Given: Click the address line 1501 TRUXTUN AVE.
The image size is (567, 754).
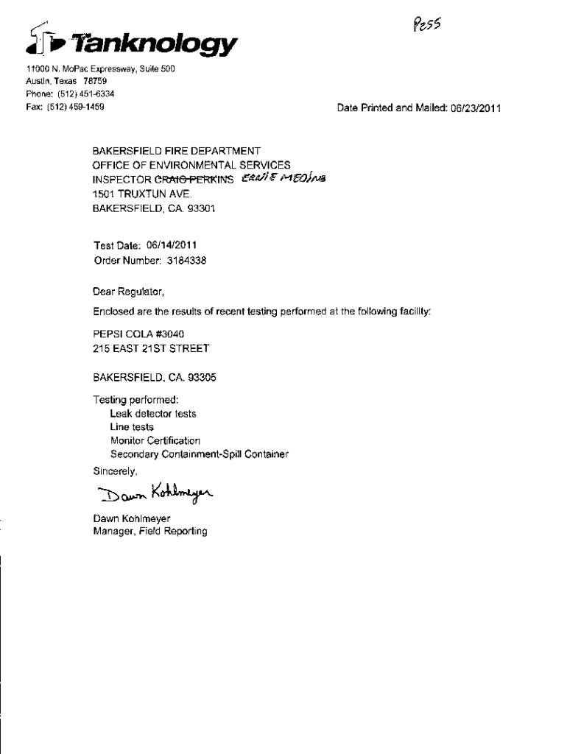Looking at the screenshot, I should [141, 194].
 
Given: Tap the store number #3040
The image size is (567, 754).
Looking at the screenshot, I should [159, 334].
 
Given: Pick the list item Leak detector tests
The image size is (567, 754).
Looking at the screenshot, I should [152, 414].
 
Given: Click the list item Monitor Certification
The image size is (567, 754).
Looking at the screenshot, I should [155, 440].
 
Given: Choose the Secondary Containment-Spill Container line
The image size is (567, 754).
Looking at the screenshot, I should [199, 454].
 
